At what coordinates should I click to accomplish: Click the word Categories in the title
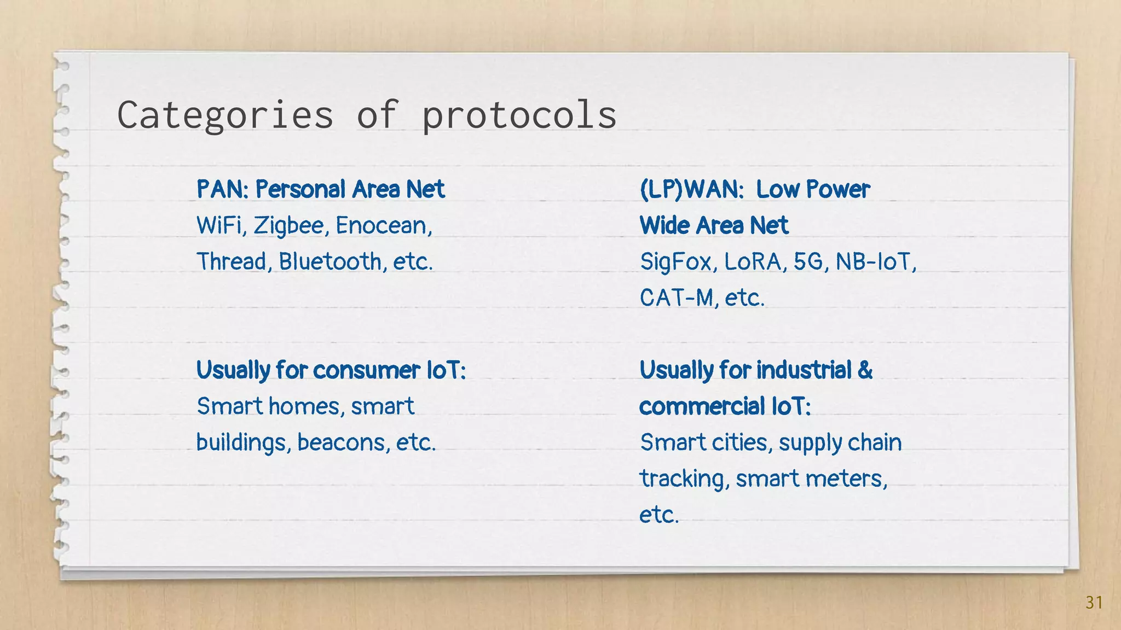click(x=225, y=115)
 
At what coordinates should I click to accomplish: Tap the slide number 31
click(x=1094, y=603)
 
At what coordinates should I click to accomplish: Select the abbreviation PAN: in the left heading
click(x=223, y=189)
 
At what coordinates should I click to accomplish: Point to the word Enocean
click(x=383, y=225)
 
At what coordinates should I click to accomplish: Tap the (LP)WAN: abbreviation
click(x=691, y=189)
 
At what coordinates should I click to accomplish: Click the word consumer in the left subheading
click(x=366, y=370)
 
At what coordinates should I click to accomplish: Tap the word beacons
click(x=343, y=442)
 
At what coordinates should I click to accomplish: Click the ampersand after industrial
click(x=865, y=370)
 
